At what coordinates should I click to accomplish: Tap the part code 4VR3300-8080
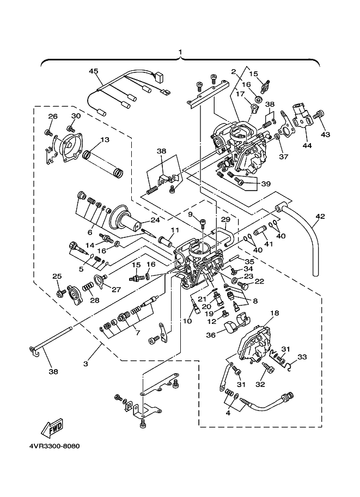pos(54,446)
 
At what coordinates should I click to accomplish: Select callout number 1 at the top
pos(180,53)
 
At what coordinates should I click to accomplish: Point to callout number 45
pos(94,71)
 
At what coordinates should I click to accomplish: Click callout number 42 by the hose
pos(320,216)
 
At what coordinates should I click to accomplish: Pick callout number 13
pos(105,139)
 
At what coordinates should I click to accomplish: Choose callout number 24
pos(155,220)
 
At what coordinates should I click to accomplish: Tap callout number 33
pos(302,357)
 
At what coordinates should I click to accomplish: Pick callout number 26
pos(52,116)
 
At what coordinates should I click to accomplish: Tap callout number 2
pos(233,71)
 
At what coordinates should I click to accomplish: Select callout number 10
pos(187,321)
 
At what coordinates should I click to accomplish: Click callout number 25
pos(57,277)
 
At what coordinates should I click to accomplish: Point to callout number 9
pos(190,214)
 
